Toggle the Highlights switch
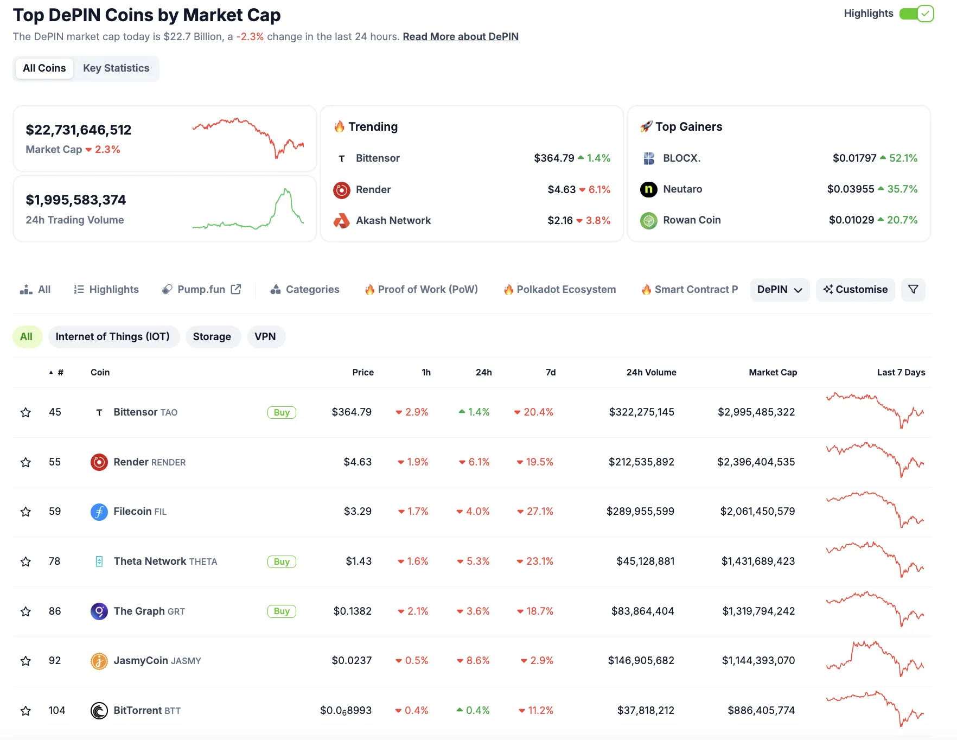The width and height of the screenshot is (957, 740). pyautogui.click(x=916, y=14)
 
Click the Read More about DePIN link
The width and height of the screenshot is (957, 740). pyautogui.click(x=460, y=36)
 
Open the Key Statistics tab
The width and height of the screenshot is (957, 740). pyautogui.click(x=116, y=68)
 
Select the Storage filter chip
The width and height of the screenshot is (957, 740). pyautogui.click(x=212, y=337)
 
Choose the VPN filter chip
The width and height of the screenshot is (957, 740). pyautogui.click(x=265, y=337)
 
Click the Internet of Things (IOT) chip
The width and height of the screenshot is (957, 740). pyautogui.click(x=113, y=337)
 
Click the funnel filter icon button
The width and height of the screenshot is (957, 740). pyautogui.click(x=913, y=290)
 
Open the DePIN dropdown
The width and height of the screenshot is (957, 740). pyautogui.click(x=779, y=290)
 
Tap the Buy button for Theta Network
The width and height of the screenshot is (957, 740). pyautogui.click(x=282, y=562)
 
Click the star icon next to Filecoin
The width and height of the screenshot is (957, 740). pyautogui.click(x=25, y=512)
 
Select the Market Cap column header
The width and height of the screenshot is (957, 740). pyautogui.click(x=773, y=372)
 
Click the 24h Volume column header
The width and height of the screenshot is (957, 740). pyautogui.click(x=651, y=372)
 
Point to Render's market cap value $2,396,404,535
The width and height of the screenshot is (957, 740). pyautogui.click(x=756, y=462)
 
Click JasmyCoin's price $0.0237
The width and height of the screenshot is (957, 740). pyautogui.click(x=352, y=661)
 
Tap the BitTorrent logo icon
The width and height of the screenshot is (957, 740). pyautogui.click(x=99, y=711)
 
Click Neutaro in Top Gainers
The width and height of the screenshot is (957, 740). pyautogui.click(x=682, y=189)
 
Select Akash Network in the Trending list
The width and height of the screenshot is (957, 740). pyautogui.click(x=393, y=221)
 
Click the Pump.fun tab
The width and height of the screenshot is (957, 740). pyautogui.click(x=201, y=290)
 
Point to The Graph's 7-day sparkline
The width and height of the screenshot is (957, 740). pyautogui.click(x=875, y=609)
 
